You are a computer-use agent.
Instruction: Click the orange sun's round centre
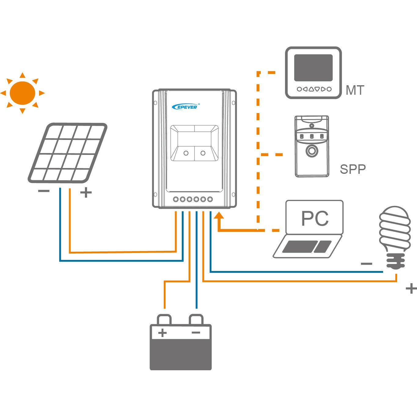tap(23, 93)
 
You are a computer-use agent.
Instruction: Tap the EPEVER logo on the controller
tap(186, 107)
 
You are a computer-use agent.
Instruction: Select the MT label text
tap(355, 90)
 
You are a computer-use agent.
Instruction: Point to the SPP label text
tap(353, 169)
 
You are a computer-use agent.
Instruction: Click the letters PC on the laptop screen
tap(315, 218)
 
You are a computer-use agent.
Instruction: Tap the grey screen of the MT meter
tap(313, 68)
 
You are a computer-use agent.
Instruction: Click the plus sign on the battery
tap(163, 333)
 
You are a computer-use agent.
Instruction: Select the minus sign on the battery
tap(196, 332)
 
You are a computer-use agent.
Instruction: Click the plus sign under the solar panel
tap(86, 192)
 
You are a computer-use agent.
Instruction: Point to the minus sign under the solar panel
tap(44, 191)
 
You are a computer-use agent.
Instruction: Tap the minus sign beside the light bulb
tap(367, 264)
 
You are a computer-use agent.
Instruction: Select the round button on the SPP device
tap(312, 151)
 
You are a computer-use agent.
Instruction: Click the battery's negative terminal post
tap(196, 320)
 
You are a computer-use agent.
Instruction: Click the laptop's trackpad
tap(323, 247)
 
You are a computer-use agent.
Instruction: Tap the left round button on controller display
tap(186, 153)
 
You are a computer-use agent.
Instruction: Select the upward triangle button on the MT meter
tap(311, 89)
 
